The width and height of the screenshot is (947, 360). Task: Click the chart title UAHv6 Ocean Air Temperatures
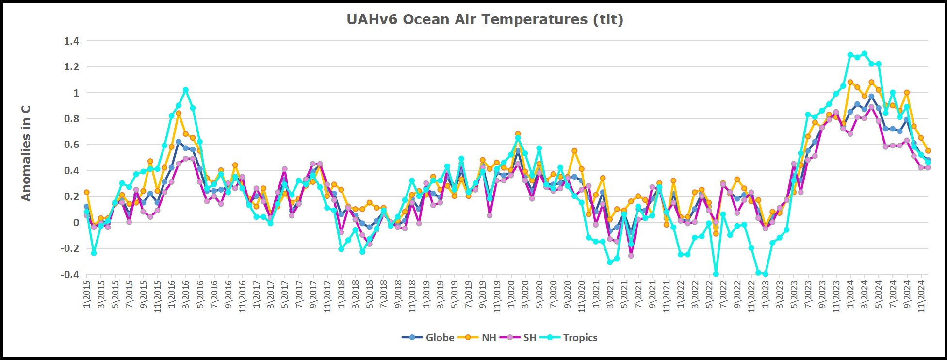[485, 19]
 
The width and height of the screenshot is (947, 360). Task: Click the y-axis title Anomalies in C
[26, 153]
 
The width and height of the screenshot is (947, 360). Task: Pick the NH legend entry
[480, 338]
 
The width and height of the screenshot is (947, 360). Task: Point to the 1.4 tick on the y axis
[71, 41]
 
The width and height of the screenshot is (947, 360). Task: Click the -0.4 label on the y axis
[70, 275]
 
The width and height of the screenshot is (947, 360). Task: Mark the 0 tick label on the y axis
[76, 223]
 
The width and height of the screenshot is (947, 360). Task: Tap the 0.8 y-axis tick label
[71, 119]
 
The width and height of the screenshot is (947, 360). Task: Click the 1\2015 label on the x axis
[87, 294]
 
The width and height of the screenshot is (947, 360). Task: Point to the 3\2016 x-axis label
[186, 294]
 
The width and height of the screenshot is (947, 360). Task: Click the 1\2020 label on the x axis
[511, 294]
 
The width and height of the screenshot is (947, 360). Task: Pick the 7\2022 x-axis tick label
[723, 294]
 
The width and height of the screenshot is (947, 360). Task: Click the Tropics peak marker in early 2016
[186, 90]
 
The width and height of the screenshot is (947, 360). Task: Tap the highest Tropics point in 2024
[864, 54]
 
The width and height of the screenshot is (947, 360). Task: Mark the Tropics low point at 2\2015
[94, 253]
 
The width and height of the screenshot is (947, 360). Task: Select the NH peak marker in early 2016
[179, 114]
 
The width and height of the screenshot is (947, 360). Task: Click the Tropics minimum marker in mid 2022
[716, 274]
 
